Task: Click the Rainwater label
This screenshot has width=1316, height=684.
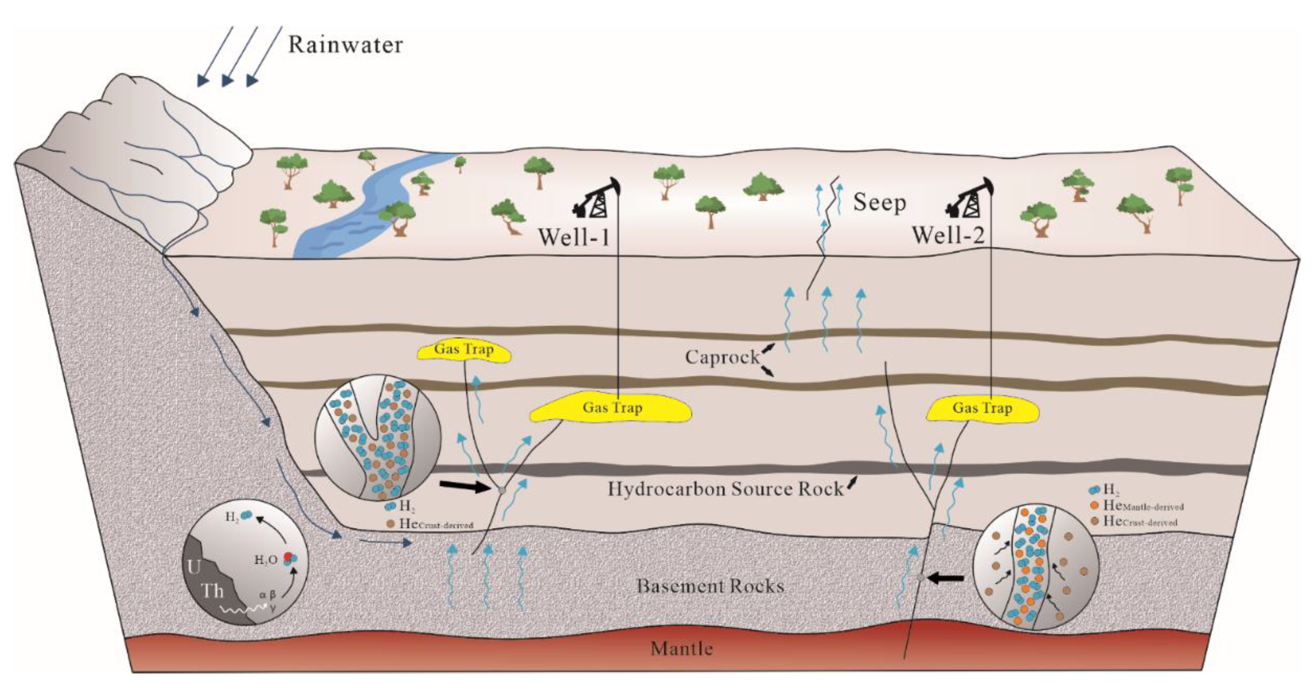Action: pyautogui.click(x=345, y=45)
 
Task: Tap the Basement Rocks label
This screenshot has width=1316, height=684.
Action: pyautogui.click(x=710, y=586)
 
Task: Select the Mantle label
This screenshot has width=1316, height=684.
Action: pyautogui.click(x=682, y=649)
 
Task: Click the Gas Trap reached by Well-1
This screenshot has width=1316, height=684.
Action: pyautogui.click(x=612, y=408)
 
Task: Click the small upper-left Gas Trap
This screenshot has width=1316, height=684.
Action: pyautogui.click(x=464, y=350)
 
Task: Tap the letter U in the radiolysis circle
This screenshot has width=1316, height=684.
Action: pyautogui.click(x=195, y=567)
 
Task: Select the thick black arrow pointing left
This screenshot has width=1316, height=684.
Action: pyautogui.click(x=946, y=578)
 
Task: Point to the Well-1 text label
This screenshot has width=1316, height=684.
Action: pyautogui.click(x=574, y=237)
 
